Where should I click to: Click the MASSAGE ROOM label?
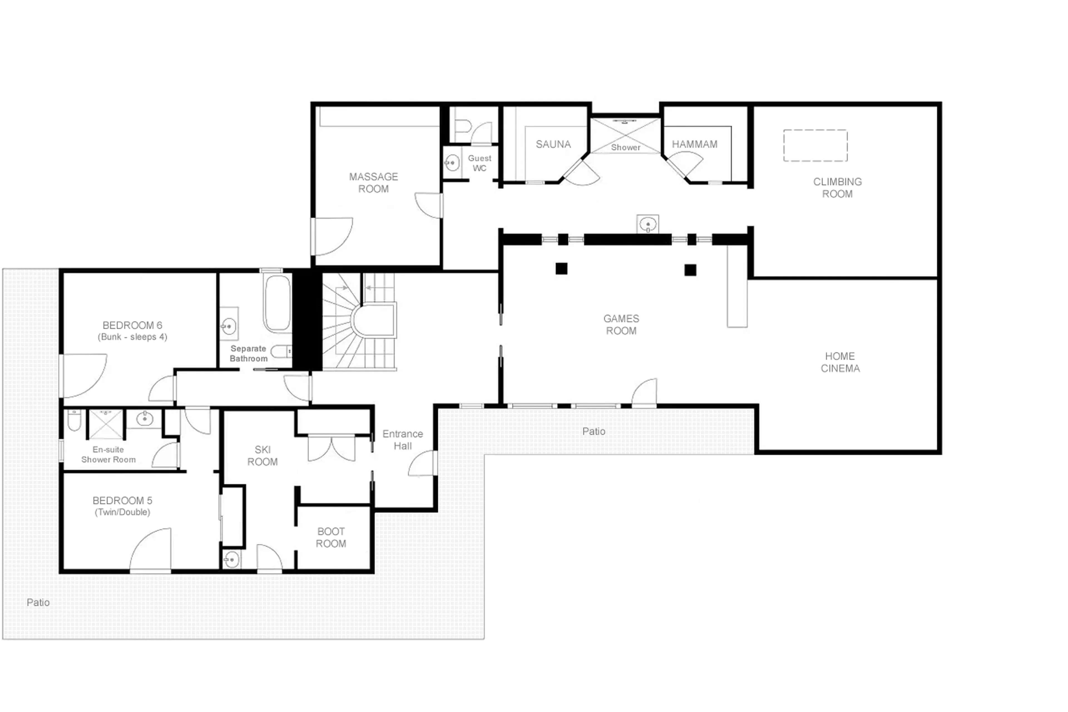pos(373,183)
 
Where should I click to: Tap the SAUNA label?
pos(553,144)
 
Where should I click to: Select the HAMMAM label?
pos(694,144)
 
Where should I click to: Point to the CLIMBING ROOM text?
pos(837,188)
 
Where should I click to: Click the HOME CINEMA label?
pos(840,362)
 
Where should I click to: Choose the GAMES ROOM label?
pos(621,325)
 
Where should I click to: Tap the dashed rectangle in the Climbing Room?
pos(815,145)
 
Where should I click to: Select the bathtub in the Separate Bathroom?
pos(277,302)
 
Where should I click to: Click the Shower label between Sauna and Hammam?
pos(626,147)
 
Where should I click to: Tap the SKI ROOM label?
pos(262,455)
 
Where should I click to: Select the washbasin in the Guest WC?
pos(452,162)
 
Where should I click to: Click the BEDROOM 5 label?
pos(122,500)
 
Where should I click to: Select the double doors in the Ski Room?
pos(331,448)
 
